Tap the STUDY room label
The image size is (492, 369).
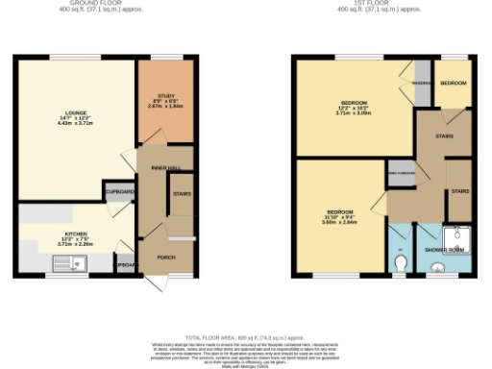(165, 95)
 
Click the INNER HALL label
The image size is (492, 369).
(165, 167)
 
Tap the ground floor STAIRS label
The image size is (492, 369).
(181, 193)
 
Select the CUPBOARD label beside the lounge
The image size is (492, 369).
(120, 191)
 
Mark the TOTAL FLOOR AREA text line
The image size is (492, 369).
(246, 338)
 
